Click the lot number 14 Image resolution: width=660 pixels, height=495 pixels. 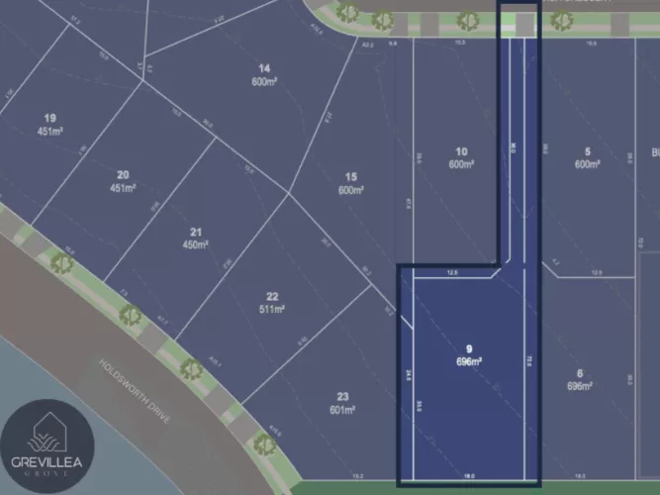tap(264, 68)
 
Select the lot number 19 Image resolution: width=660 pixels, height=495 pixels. tap(50, 118)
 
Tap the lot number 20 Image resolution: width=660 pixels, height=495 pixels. tap(122, 175)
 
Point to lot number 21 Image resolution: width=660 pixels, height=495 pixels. tap(196, 232)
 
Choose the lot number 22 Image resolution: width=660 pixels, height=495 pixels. tap(272, 296)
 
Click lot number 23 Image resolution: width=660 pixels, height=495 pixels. tap(341, 397)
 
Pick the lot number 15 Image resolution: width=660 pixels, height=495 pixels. tap(351, 178)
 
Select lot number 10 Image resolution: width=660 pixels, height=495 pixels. tap(461, 151)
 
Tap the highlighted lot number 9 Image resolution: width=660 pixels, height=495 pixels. tap(469, 348)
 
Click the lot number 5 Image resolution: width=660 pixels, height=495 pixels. tap(588, 151)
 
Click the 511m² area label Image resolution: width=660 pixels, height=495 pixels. tap(272, 309)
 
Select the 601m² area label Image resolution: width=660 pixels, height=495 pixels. tap(341, 410)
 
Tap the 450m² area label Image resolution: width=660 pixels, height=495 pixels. tap(196, 244)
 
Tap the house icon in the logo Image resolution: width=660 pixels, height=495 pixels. tap(47, 431)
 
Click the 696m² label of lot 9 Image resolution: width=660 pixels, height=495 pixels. tap(469, 361)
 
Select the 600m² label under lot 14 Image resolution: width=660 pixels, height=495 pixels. tap(264, 81)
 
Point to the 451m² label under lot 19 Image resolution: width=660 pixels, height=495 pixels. tap(50, 131)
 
